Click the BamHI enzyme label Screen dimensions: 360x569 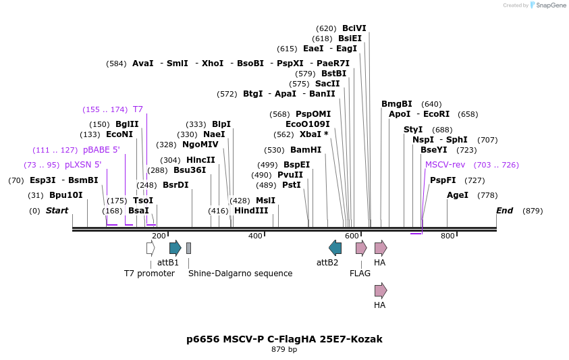[306, 150]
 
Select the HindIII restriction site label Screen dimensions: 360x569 [251, 211]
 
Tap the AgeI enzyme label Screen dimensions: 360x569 [458, 195]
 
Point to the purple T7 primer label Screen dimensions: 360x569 [138, 109]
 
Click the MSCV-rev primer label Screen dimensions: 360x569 [445, 165]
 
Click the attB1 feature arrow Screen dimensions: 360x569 [175, 248]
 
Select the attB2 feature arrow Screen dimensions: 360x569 [335, 248]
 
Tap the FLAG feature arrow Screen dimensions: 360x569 [361, 248]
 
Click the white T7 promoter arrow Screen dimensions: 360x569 [151, 248]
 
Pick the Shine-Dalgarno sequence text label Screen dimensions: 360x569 [240, 274]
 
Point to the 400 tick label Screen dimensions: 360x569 [255, 236]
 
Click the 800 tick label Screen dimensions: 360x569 [448, 236]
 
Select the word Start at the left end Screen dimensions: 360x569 [57, 211]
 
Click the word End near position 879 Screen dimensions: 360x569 [505, 211]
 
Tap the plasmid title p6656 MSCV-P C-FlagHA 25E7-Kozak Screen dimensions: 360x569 [284, 338]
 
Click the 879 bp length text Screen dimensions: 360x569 [284, 350]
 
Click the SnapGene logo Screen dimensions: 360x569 [548, 5]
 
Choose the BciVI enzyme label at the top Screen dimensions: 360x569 [354, 28]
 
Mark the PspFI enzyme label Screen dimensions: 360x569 [443, 180]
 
